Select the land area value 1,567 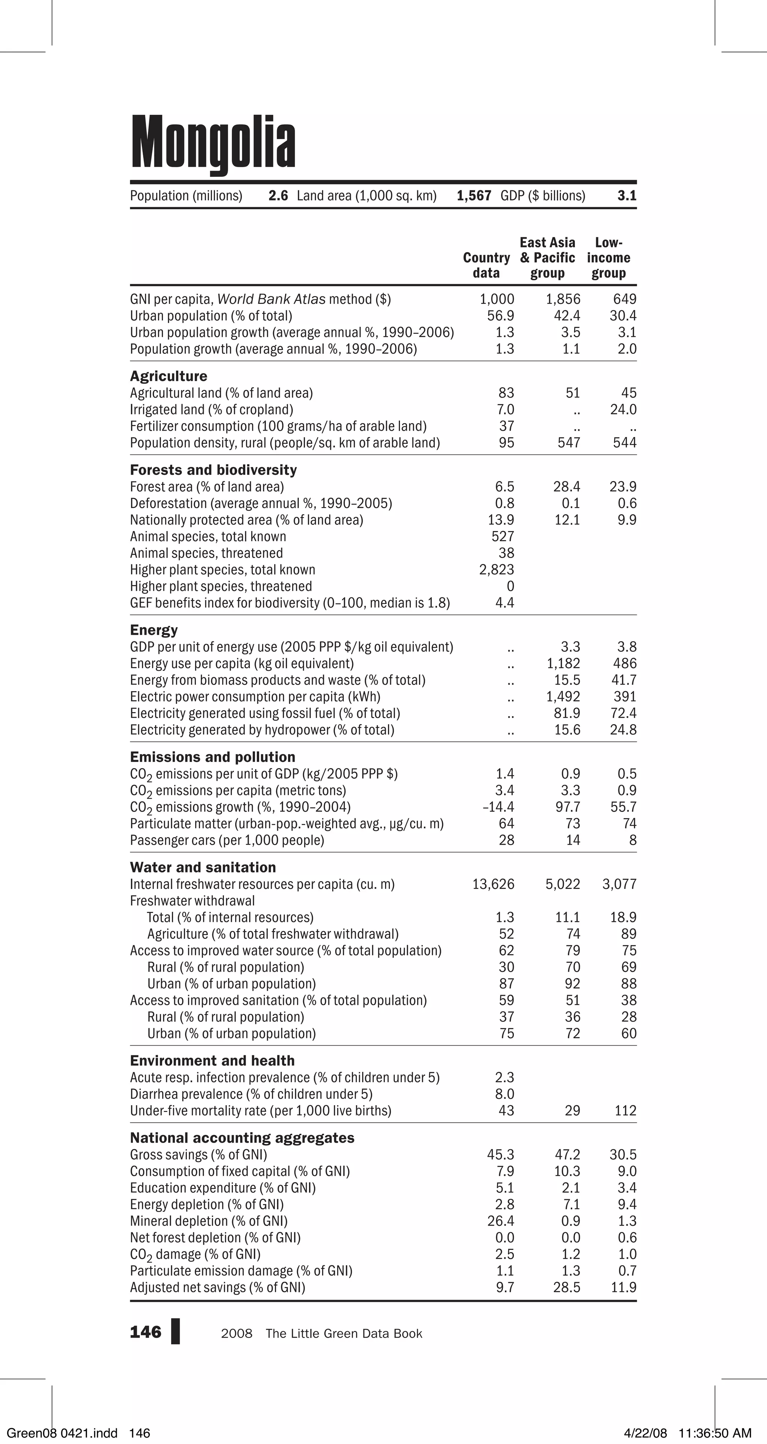[x=473, y=196]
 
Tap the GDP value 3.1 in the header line [x=627, y=196]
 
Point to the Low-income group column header [x=609, y=258]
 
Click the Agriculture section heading [x=168, y=376]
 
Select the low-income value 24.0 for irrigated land [x=623, y=410]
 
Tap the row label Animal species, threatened [x=206, y=553]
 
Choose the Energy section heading [x=154, y=630]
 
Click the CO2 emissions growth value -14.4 [x=498, y=807]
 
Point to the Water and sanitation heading [x=203, y=868]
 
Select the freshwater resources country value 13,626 [x=493, y=884]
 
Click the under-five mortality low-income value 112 [x=625, y=1111]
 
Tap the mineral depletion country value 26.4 [x=500, y=1221]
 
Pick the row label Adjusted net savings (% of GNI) [x=217, y=1288]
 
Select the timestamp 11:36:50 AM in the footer [x=714, y=1434]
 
